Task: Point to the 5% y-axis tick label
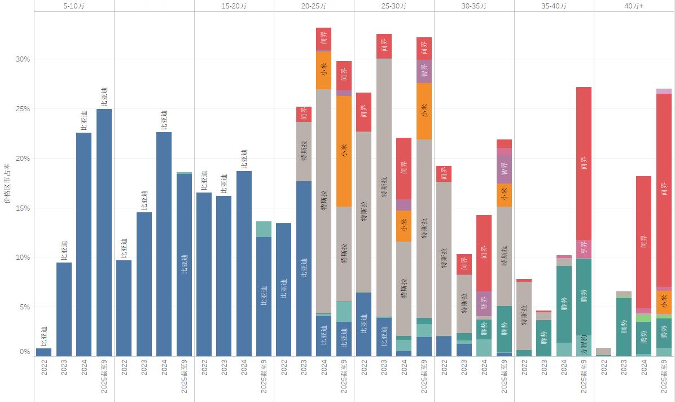[24, 307]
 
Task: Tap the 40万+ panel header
[634, 6]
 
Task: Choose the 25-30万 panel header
[394, 6]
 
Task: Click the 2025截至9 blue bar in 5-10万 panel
[104, 232]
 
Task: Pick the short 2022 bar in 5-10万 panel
[43, 352]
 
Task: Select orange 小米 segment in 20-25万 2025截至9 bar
[344, 151]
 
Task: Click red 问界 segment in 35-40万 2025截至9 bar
[584, 164]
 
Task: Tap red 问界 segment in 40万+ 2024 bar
[643, 242]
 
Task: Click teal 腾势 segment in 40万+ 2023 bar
[624, 327]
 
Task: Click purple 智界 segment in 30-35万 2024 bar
[484, 304]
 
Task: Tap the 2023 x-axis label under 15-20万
[224, 369]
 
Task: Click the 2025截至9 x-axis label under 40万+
[664, 376]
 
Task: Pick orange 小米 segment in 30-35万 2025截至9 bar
[504, 195]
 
